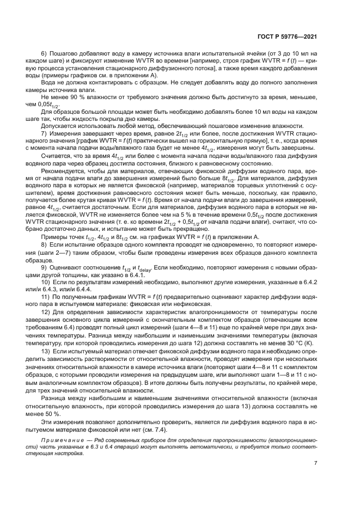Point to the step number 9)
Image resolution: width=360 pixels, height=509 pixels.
[x=45, y=268]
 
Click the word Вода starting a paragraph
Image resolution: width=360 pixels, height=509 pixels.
[x=50, y=82]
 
